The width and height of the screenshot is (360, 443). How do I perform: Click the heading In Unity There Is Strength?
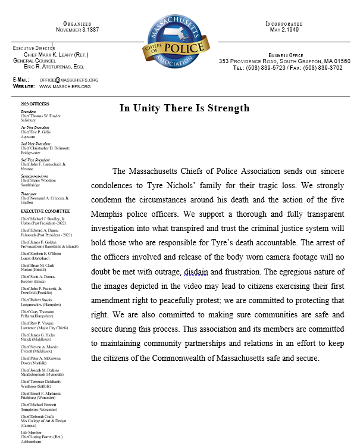click(x=184, y=108)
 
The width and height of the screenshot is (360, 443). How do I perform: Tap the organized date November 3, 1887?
click(x=77, y=29)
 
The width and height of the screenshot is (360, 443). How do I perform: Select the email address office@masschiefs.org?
click(x=69, y=80)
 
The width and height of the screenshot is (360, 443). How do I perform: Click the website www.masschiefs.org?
click(x=65, y=86)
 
